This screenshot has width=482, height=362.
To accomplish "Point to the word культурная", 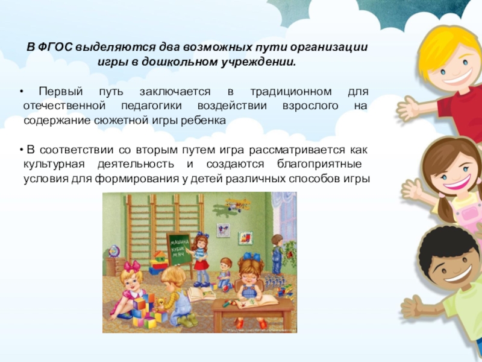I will coord(51,164).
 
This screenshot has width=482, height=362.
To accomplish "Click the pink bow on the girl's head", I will coord(132,265).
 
